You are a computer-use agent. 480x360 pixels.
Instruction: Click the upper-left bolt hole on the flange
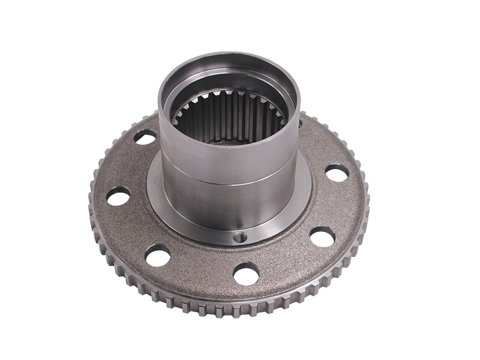click(x=144, y=136)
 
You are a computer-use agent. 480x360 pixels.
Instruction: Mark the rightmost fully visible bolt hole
click(x=337, y=172)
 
